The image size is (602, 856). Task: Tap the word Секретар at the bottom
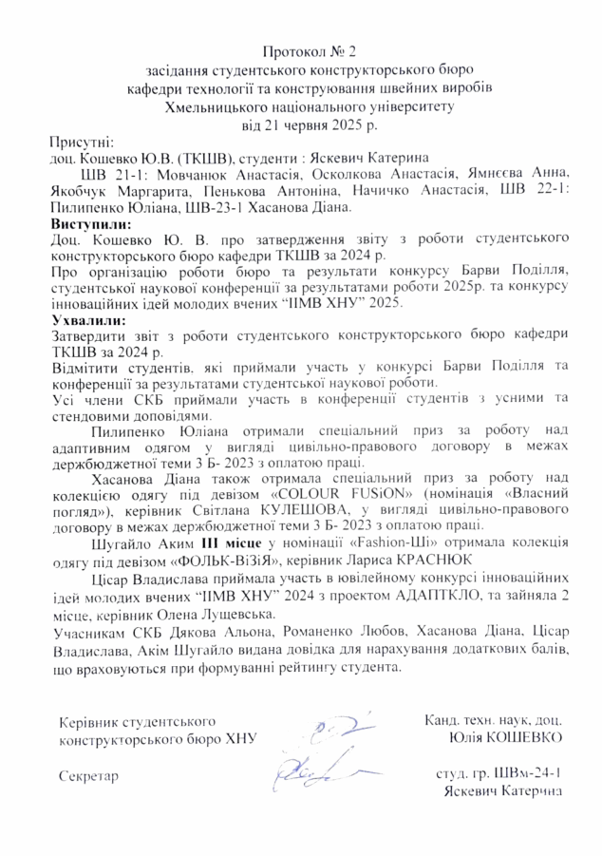88,776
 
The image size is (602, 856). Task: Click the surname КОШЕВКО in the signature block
522,736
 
